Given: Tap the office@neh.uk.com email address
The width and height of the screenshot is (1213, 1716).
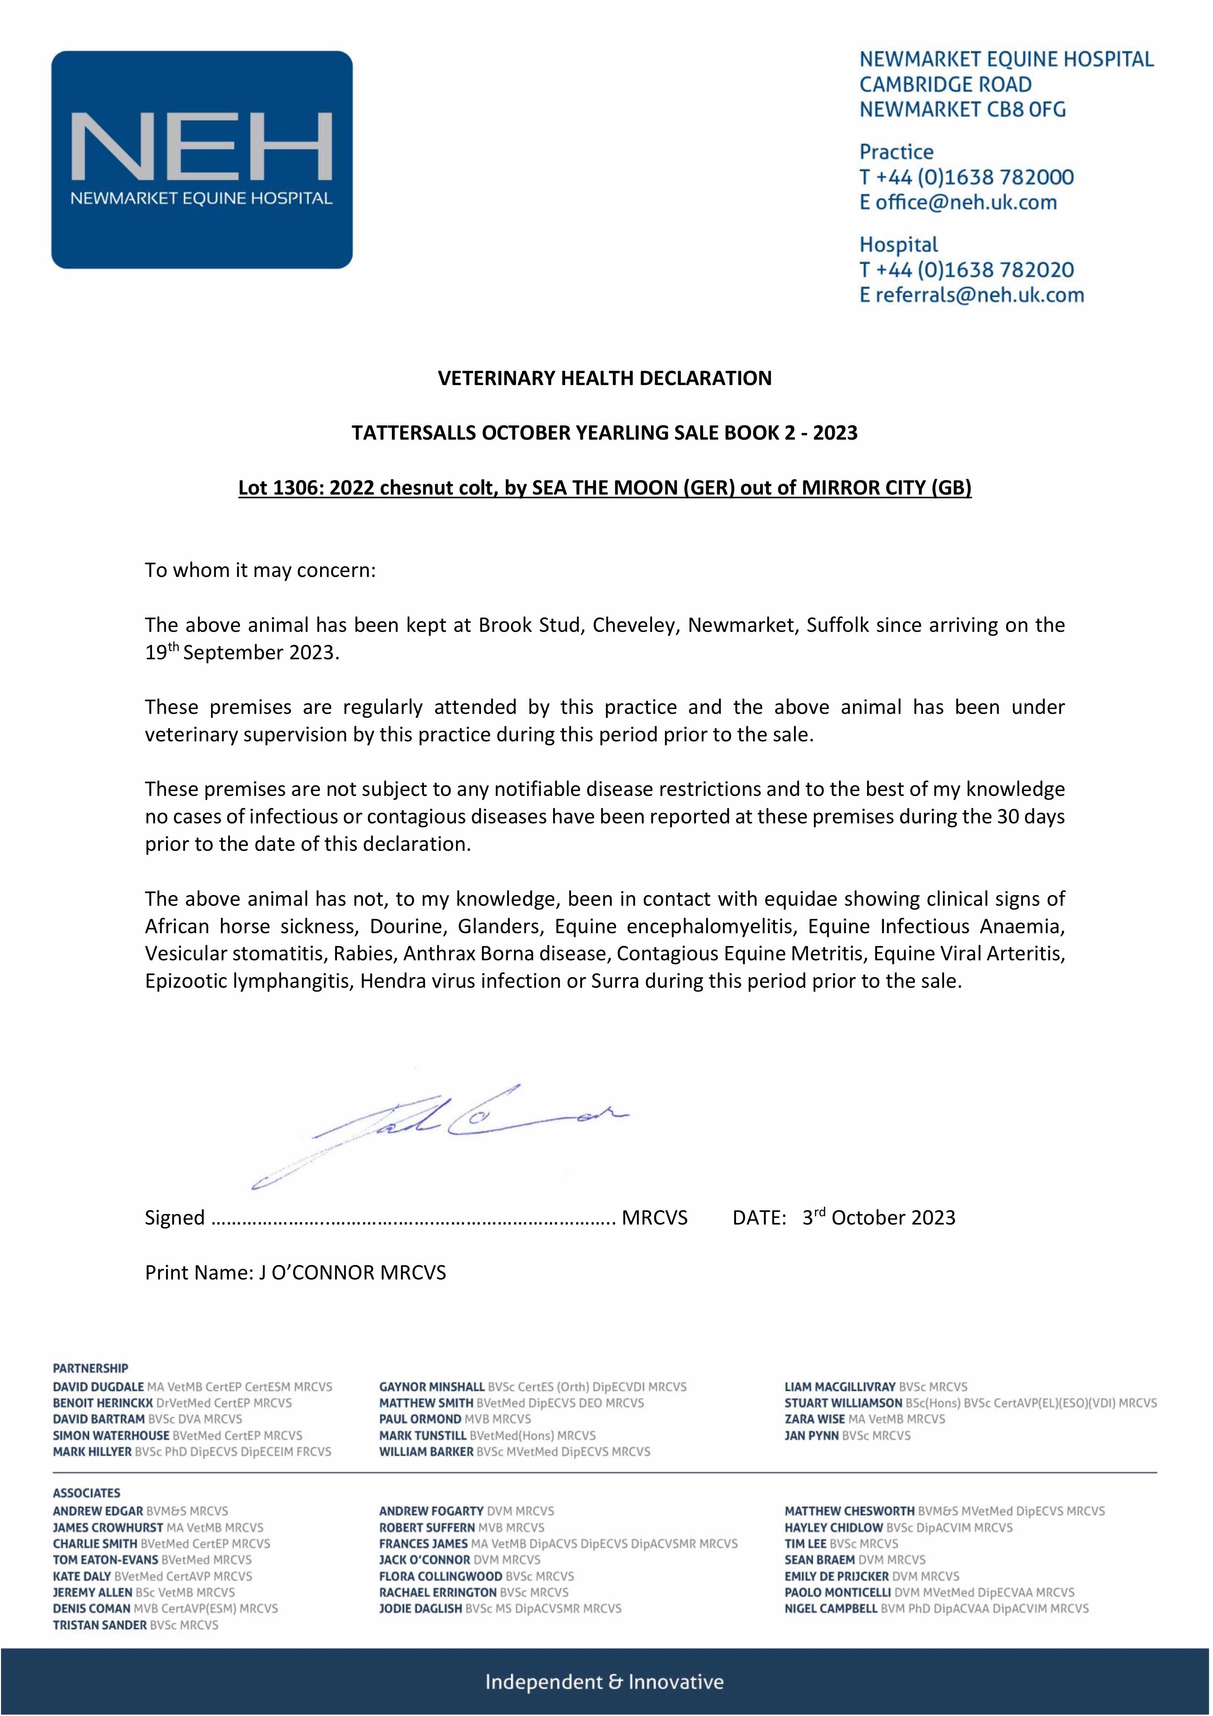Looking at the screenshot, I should click(966, 202).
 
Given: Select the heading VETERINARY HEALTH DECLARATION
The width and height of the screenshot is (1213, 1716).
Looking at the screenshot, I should click(605, 378).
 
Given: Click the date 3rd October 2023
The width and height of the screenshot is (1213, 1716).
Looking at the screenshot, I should click(879, 1217).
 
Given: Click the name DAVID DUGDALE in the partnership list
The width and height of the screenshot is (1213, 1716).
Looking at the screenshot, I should click(98, 1387).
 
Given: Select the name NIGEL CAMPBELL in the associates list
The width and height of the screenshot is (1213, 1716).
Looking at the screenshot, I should click(831, 1608).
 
